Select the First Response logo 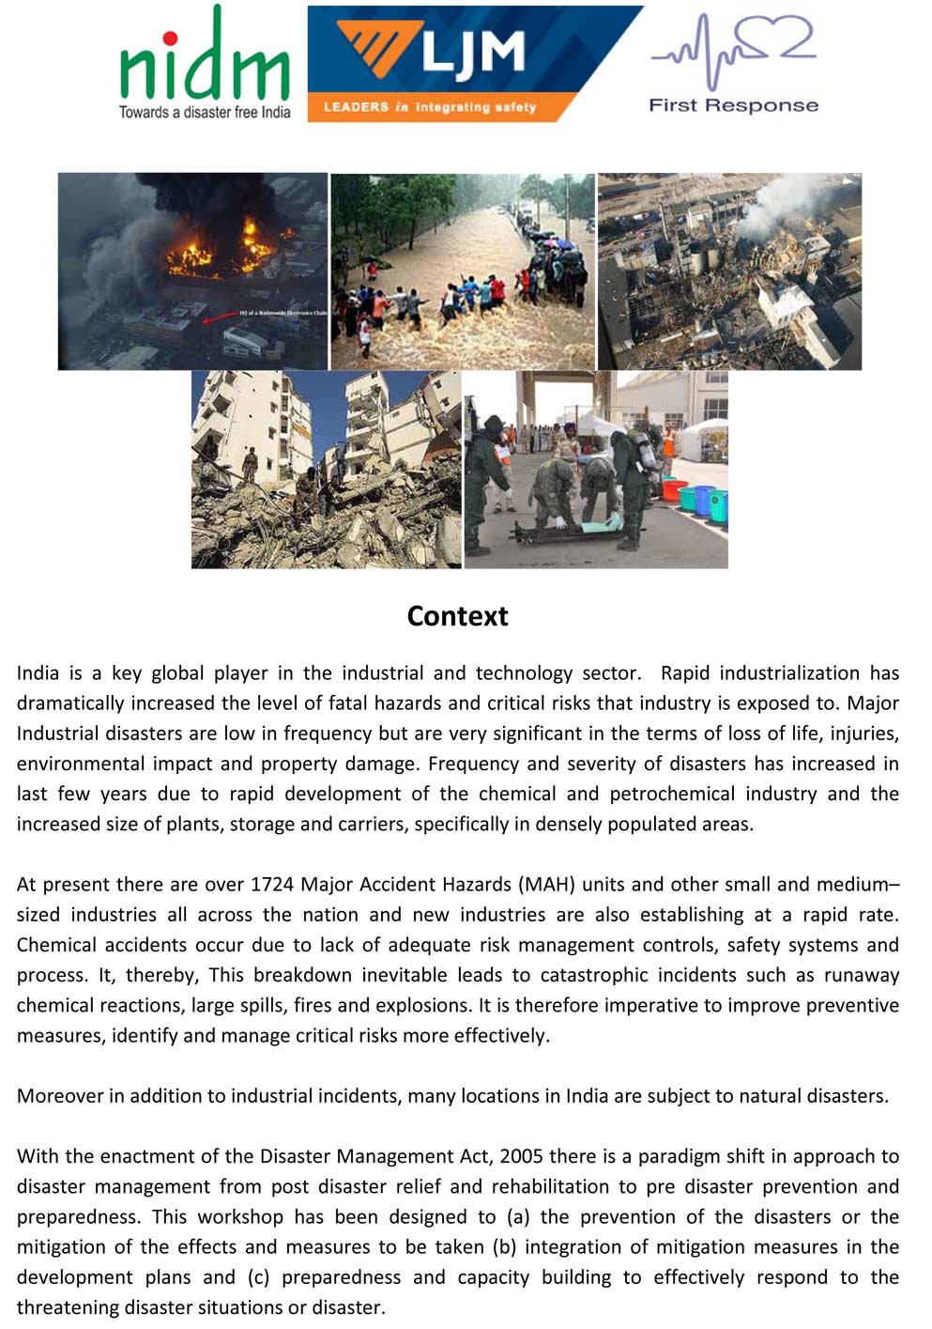[x=733, y=64]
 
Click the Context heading [x=457, y=616]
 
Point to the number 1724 [x=272, y=885]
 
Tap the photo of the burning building [x=192, y=270]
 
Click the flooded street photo [x=463, y=270]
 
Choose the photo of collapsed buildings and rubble [x=326, y=470]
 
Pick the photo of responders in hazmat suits [x=596, y=470]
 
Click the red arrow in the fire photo [x=220, y=317]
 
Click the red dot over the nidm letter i [x=170, y=39]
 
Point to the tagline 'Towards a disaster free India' [x=205, y=113]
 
